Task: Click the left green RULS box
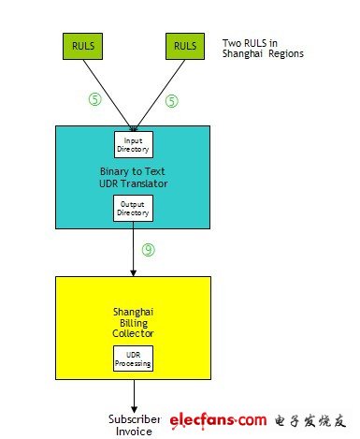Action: [x=82, y=46]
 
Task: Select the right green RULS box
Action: [x=185, y=46]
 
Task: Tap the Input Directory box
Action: [x=134, y=145]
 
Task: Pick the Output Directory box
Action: [x=133, y=209]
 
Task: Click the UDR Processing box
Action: [x=133, y=359]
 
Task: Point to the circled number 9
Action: [x=149, y=250]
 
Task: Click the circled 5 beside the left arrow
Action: [x=95, y=99]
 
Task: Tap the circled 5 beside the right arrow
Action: [x=172, y=101]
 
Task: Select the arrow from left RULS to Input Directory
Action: [x=108, y=95]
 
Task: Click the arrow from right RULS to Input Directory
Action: [x=160, y=95]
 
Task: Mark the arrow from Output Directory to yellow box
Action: [x=133, y=249]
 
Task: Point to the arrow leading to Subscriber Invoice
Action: [x=134, y=396]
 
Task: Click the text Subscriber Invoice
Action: [x=135, y=425]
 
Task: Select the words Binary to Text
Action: [x=133, y=171]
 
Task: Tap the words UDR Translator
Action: [x=134, y=183]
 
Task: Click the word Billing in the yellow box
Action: [x=134, y=323]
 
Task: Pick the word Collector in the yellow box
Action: [x=133, y=333]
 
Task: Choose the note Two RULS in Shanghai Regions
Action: [x=263, y=49]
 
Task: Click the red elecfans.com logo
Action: [x=218, y=420]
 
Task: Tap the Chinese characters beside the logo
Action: [x=310, y=421]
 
